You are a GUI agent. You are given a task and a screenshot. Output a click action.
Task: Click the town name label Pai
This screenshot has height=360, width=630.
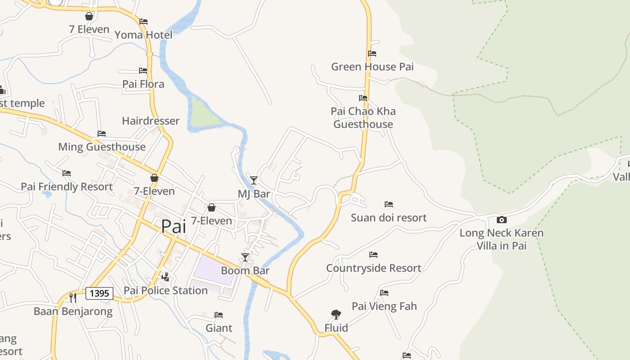pos(173,226)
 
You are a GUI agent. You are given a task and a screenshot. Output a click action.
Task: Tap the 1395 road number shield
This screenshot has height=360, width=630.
pos(99,293)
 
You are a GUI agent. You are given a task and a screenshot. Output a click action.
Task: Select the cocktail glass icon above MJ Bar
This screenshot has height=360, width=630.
pos(254,180)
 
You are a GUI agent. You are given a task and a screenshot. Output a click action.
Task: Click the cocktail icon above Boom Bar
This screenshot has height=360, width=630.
pos(245,257)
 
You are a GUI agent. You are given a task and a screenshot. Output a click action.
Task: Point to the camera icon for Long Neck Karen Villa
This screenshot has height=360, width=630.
pos(501,220)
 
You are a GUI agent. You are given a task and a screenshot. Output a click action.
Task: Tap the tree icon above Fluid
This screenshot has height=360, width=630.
pos(336,314)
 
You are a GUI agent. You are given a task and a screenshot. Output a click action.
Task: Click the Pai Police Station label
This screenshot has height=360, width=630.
pos(166,291)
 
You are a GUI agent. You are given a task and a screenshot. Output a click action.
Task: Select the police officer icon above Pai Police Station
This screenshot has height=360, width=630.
pos(166,277)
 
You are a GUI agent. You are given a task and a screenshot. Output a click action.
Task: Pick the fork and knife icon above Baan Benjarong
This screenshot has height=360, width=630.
pos(72,297)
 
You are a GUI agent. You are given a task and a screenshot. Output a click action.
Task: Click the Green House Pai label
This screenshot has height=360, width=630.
pos(372,67)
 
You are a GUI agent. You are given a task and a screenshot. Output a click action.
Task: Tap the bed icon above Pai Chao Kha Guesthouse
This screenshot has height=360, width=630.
pos(363,98)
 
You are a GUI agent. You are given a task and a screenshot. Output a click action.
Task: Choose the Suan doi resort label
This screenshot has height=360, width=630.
pos(388,218)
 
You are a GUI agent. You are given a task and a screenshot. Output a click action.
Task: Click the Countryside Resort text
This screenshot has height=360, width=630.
pos(373,268)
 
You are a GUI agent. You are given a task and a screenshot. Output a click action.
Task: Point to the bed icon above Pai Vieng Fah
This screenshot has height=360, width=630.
pos(384,293)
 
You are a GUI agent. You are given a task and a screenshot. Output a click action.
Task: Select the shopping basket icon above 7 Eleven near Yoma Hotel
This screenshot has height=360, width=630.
pos(89,16)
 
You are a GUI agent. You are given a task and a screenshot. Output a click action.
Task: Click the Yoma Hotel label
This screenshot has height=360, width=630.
pos(143,35)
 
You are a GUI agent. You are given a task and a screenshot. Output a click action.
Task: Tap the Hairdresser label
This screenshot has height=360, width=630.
pos(150,121)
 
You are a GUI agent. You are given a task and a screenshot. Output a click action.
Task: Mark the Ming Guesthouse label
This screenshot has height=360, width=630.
pos(102,147)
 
